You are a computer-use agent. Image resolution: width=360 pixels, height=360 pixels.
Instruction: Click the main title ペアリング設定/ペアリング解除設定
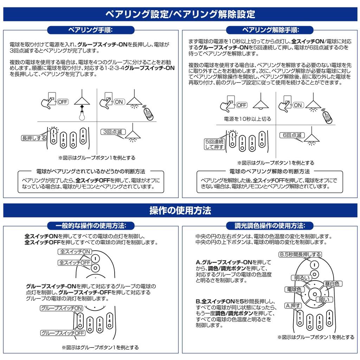pos(180,14)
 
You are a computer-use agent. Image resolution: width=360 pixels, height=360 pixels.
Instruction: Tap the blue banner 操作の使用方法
pos(180,211)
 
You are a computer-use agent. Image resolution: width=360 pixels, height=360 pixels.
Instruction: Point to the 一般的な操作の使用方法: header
pos(91,225)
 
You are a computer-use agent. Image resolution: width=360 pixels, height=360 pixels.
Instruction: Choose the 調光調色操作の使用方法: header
pos(270,225)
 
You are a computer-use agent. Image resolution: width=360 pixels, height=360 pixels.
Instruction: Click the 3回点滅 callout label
pos(112,132)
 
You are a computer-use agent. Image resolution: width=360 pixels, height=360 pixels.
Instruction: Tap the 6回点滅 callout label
pos(291,135)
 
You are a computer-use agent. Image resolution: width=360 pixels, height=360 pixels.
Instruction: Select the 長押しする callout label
pos(34,138)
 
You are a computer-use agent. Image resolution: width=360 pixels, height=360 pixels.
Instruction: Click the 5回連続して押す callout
pos(214,144)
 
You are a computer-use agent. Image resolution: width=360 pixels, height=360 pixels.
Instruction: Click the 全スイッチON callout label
pos(75,252)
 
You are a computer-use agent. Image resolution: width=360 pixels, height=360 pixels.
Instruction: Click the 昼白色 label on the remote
pos(332,284)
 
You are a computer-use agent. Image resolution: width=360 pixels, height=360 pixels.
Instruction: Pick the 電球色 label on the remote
pos(294,289)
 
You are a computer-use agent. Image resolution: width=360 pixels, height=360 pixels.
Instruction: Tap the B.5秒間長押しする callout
pos(300,255)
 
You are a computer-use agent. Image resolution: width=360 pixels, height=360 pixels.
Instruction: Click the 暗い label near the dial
pos(324,300)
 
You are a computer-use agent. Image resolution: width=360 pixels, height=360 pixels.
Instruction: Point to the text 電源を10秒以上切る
pos(247,119)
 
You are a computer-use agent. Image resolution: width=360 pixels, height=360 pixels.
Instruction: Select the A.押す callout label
pos(292,306)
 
